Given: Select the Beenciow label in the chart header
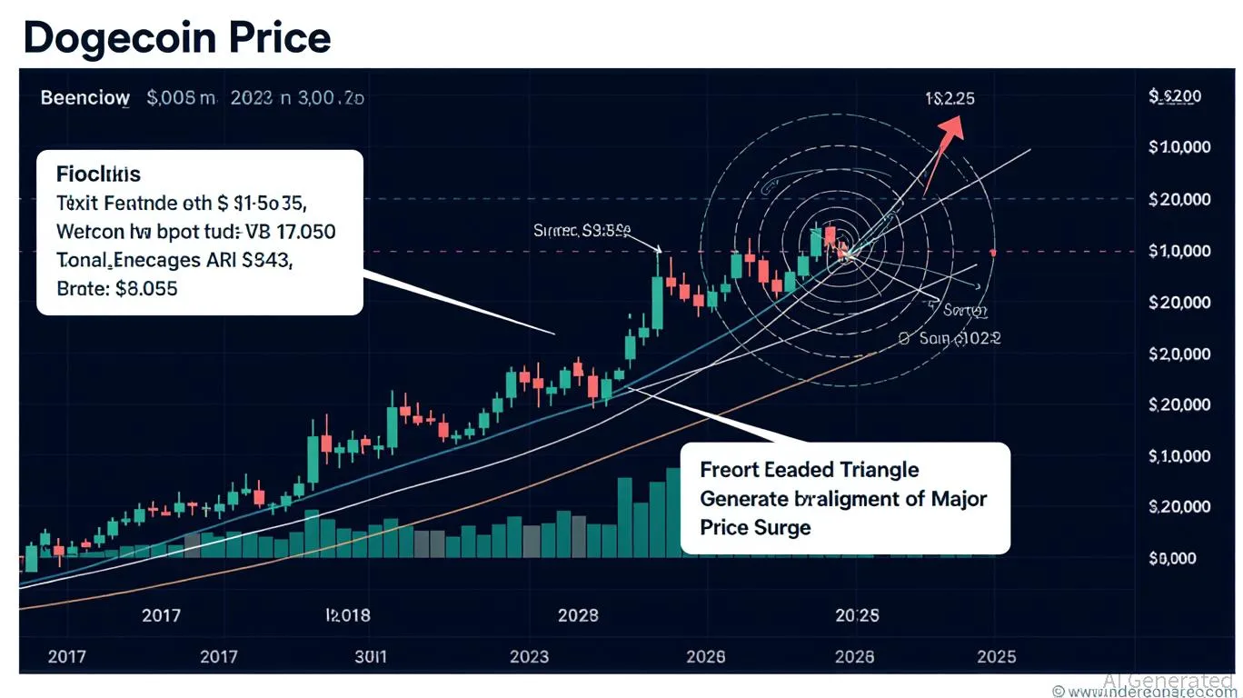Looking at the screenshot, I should (x=85, y=98).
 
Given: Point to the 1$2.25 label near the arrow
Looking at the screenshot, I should (x=950, y=97).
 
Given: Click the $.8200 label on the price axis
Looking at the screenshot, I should (x=1176, y=95).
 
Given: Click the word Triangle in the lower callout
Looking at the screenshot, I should (x=871, y=470).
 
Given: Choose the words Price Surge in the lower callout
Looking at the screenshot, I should (x=755, y=527).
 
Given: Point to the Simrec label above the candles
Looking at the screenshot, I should (x=556, y=231).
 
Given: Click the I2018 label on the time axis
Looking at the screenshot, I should (x=347, y=615).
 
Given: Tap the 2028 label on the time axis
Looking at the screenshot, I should (x=577, y=615).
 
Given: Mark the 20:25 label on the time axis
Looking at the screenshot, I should (x=856, y=615).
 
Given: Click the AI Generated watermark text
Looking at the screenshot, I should (x=1168, y=681).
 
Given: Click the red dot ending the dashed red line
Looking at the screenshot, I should (x=994, y=252).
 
